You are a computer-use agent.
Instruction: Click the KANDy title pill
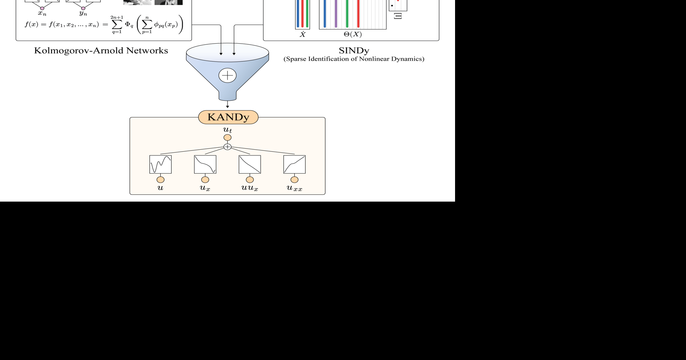pyautogui.click(x=228, y=117)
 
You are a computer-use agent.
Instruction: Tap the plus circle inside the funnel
pyautogui.click(x=228, y=75)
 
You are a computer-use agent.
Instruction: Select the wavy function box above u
pyautogui.click(x=160, y=164)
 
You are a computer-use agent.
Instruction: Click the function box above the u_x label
pyautogui.click(x=205, y=164)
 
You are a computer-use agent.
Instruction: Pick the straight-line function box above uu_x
pyautogui.click(x=250, y=164)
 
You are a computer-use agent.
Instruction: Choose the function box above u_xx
pyautogui.click(x=295, y=164)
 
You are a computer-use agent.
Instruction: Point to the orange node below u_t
pyautogui.click(x=228, y=138)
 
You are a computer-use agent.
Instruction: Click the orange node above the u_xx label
pyautogui.click(x=295, y=180)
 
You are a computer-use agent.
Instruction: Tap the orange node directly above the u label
pyautogui.click(x=160, y=180)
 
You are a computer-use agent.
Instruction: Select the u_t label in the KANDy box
pyautogui.click(x=228, y=130)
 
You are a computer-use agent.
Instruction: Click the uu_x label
pyautogui.click(x=250, y=188)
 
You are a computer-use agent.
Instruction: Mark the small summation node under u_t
pyautogui.click(x=228, y=147)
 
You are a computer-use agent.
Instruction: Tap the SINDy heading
pyautogui.click(x=354, y=50)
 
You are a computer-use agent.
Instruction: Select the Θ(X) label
pyautogui.click(x=353, y=34)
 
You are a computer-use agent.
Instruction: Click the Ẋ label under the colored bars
pyautogui.click(x=303, y=34)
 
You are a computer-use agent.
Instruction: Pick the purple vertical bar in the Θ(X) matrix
pyautogui.click(x=336, y=14)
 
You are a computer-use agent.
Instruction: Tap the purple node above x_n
pyautogui.click(x=42, y=8)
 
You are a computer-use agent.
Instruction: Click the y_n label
pyautogui.click(x=83, y=14)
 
